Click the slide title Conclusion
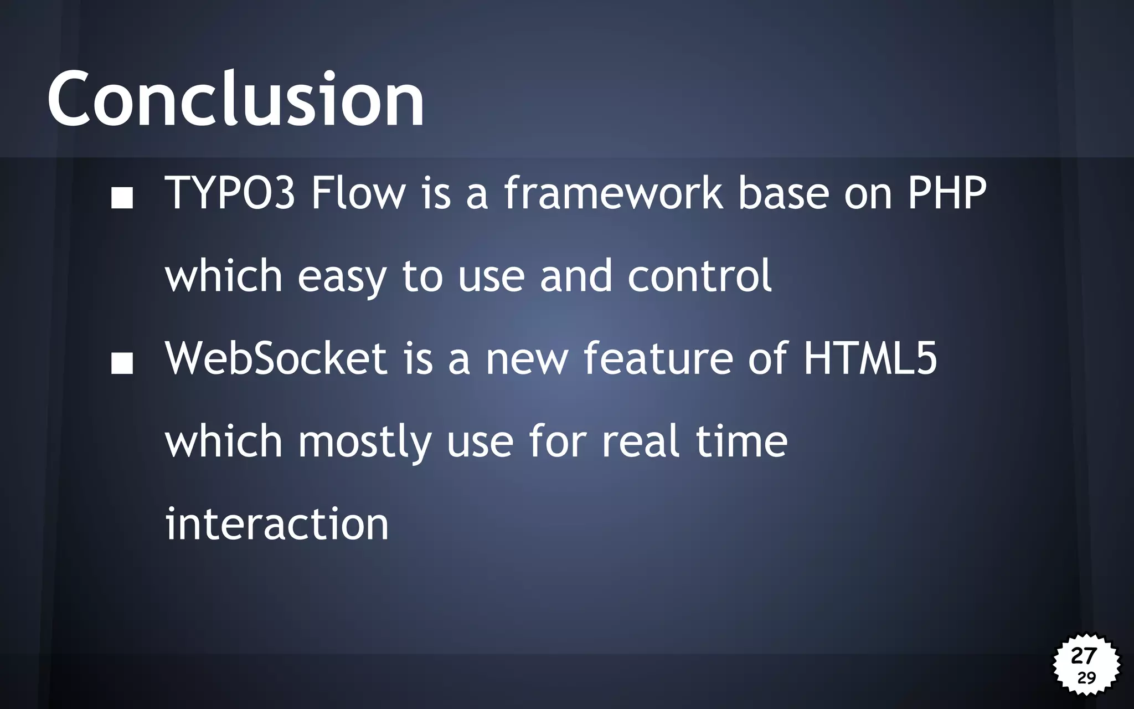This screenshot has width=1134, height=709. (x=236, y=100)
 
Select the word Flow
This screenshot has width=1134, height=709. (x=358, y=193)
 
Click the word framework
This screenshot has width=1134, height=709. (x=613, y=193)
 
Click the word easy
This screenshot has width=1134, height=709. (x=342, y=277)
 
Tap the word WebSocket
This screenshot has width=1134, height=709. (x=276, y=358)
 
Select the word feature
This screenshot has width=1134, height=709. (x=658, y=358)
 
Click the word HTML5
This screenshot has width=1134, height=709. (x=870, y=358)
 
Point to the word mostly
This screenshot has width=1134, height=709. (x=364, y=442)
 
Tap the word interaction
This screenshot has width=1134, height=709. (x=277, y=524)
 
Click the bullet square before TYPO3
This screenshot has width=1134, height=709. (x=122, y=198)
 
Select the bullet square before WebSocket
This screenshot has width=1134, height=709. (x=122, y=363)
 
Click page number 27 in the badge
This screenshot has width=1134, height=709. (x=1084, y=656)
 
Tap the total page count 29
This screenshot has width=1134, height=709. (x=1086, y=678)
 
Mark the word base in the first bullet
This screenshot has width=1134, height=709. (x=784, y=193)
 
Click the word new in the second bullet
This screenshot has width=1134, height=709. (x=527, y=359)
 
